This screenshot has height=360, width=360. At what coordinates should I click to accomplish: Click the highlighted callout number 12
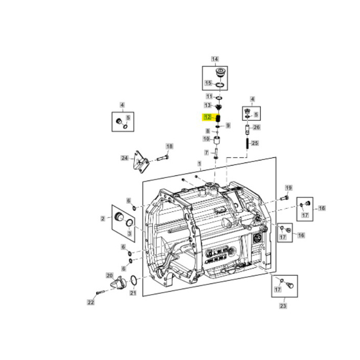point(208,117)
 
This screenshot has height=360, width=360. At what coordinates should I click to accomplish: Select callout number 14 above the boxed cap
point(214,59)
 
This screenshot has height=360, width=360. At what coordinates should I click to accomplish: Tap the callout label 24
point(124,158)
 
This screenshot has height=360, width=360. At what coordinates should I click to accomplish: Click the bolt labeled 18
point(162,157)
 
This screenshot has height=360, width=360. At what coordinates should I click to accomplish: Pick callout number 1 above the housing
point(199,164)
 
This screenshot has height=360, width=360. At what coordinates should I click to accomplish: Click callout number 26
point(257,128)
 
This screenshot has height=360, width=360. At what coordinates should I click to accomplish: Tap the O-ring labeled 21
point(133,280)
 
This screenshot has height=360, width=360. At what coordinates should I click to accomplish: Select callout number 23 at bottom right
point(282,306)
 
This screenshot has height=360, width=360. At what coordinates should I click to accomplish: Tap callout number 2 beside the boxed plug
point(103,219)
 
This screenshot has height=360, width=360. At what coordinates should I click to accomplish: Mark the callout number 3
point(129,233)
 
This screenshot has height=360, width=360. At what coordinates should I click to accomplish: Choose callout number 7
point(206,152)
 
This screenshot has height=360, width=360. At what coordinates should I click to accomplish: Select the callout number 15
point(208,83)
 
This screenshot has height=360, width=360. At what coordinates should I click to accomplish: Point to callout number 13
point(208,105)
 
